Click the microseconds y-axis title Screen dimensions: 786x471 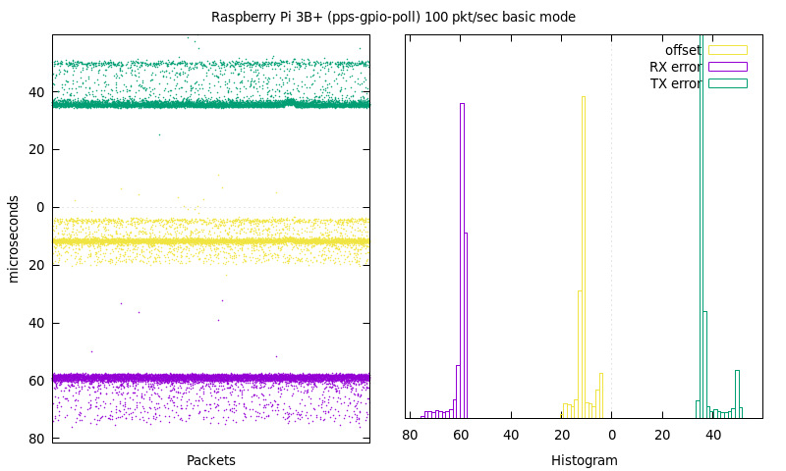coord(14,239)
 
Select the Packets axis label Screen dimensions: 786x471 coord(211,460)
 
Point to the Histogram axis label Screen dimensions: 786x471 coord(584,460)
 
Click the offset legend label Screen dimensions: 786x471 coord(683,50)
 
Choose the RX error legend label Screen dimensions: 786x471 coord(675,67)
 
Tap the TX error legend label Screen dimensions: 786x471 coord(676,83)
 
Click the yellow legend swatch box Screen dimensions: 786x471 coord(728,50)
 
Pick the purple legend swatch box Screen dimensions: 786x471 coord(728,67)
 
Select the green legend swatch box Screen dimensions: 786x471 coord(728,83)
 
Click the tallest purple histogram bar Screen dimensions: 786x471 coord(462,260)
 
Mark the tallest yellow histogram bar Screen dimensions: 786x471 coord(584,257)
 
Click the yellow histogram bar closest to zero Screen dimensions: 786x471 coord(601,395)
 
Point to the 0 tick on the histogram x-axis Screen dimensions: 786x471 coord(611,435)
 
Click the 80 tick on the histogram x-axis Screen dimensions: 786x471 coord(410,435)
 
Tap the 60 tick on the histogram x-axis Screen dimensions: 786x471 coord(461,435)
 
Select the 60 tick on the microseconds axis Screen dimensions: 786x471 coord(36,381)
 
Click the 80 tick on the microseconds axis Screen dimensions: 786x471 coord(36,439)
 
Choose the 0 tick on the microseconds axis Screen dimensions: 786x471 coord(40,207)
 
